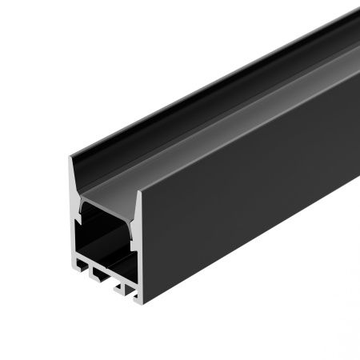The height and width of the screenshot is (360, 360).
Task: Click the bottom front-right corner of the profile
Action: coord(138,303)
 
